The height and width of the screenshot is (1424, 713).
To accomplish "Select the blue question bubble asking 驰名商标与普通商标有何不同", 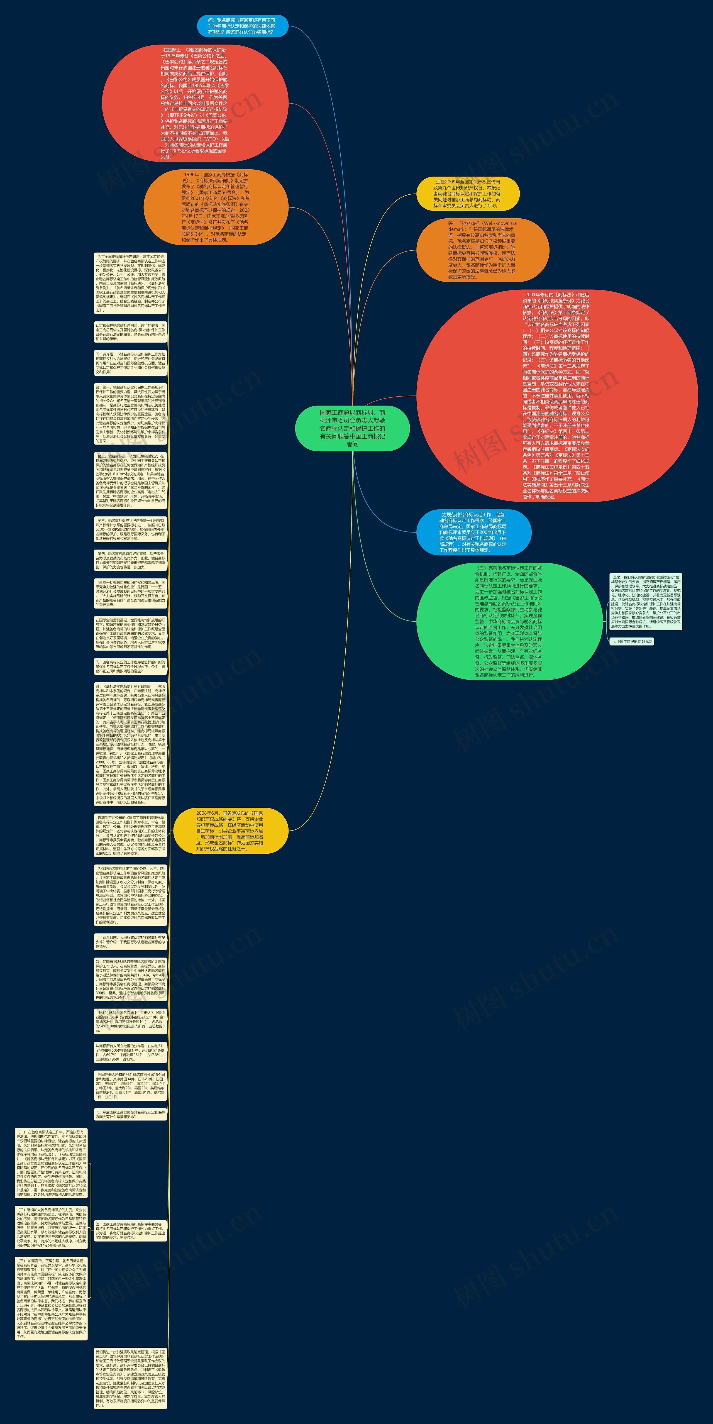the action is click(243, 26).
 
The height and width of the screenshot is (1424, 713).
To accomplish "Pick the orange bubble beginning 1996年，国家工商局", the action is click(216, 207).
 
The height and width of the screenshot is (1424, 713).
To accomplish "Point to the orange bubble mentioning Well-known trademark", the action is click(482, 250).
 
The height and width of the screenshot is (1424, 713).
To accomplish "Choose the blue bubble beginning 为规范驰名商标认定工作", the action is click(474, 532).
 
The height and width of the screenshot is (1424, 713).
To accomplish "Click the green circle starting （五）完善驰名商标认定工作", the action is click(509, 621).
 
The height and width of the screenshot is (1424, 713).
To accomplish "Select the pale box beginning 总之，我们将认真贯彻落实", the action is click(646, 602).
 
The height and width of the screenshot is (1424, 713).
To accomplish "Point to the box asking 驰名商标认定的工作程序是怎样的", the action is click(130, 666).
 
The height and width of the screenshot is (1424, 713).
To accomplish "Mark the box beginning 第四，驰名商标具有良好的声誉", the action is click(130, 560).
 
